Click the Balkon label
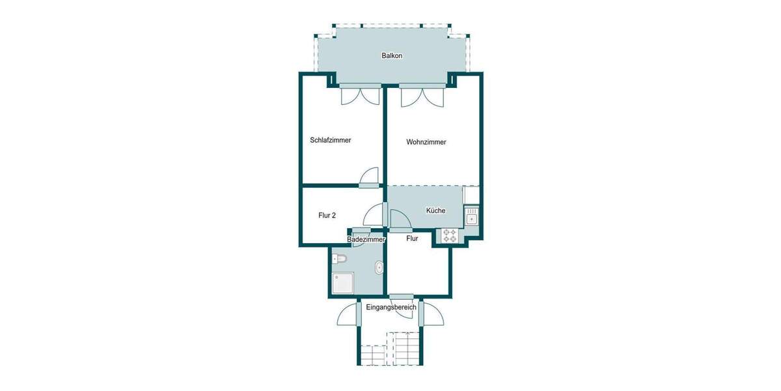(x=392, y=56)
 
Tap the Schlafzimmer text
(x=331, y=140)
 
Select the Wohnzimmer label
(x=426, y=142)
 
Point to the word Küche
(x=435, y=211)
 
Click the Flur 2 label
(x=327, y=216)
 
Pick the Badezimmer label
(x=366, y=240)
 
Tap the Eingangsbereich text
(x=391, y=308)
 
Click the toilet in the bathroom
(x=340, y=259)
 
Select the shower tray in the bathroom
(x=343, y=283)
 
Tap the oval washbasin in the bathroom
(x=379, y=266)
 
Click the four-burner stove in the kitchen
(x=450, y=236)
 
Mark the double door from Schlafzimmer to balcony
(x=359, y=95)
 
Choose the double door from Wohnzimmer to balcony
(x=422, y=96)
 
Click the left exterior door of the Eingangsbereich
(x=349, y=315)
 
